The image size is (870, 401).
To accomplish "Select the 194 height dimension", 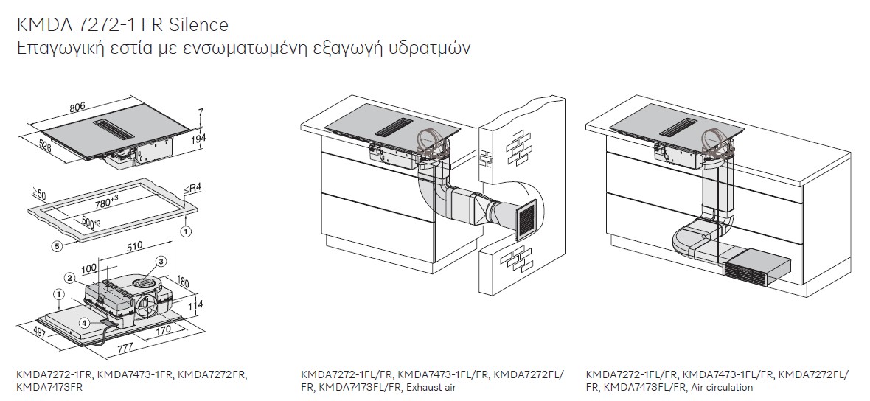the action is click(198, 138).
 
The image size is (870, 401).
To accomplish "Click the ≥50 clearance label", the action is click(38, 194).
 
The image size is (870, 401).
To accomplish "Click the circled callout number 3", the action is click(160, 261).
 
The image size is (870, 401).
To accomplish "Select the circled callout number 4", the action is click(84, 321).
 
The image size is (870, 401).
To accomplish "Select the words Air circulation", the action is click(722, 387).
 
